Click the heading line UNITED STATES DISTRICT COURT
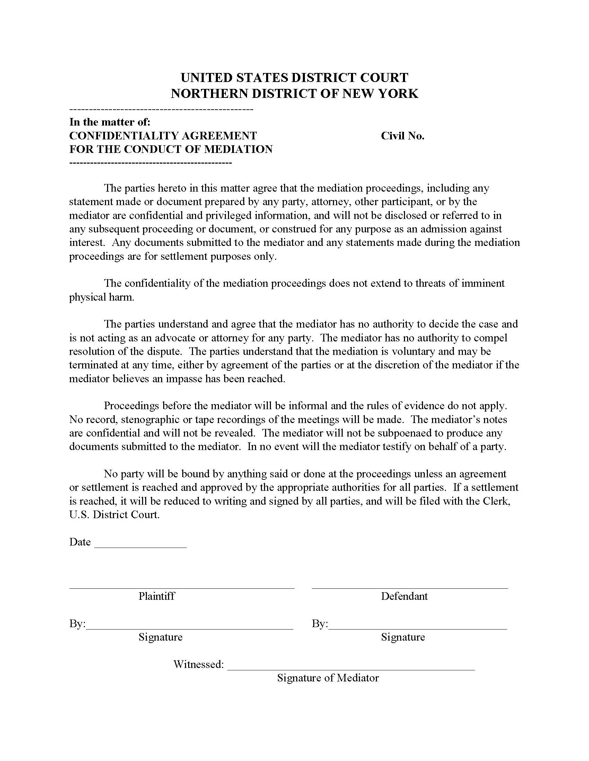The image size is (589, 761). pos(294,77)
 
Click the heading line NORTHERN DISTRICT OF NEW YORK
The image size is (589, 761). pos(294,94)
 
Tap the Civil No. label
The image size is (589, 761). pos(402,136)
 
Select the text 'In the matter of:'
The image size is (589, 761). pos(109,122)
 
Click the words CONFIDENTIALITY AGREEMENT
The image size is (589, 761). pos(163,136)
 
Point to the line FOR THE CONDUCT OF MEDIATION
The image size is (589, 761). pos(170,149)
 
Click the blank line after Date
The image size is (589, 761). pos(140,547)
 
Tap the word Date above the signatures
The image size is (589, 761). pos(80,542)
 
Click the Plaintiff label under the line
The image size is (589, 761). pos(156,596)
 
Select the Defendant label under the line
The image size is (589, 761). pos(404,596)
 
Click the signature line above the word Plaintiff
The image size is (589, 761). pos(182,588)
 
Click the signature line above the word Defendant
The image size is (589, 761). pos(410,588)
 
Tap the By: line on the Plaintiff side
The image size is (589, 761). pos(190,629)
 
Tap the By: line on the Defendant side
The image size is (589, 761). pos(418,629)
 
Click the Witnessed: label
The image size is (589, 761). pos(198,664)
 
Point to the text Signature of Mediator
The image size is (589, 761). pos(328,678)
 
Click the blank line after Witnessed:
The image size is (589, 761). pos(351,669)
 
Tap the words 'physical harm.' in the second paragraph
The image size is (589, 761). pos(102,297)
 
